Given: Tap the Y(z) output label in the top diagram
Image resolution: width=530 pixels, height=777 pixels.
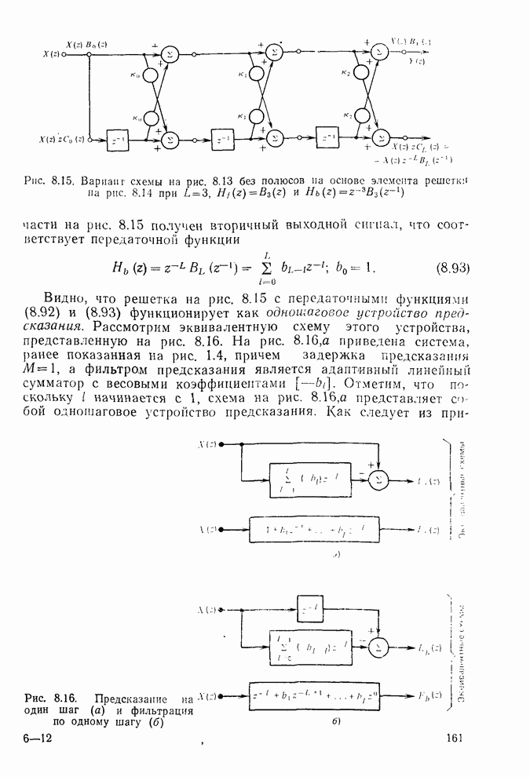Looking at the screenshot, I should tap(420, 60).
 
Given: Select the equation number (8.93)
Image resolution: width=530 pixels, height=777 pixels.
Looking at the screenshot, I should tap(451, 268).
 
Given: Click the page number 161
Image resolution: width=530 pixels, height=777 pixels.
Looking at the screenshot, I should tap(456, 737).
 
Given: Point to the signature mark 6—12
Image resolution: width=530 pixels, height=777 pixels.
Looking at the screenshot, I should tap(38, 738).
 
